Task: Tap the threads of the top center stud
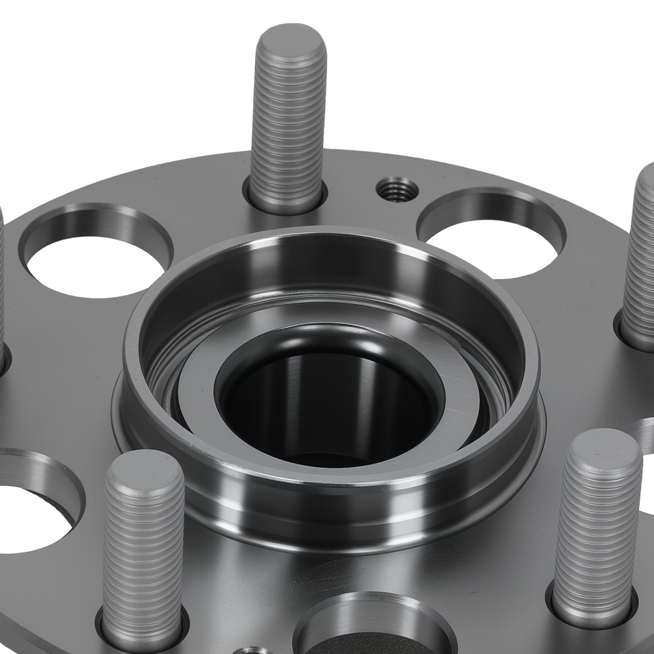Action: pyautogui.click(x=288, y=124)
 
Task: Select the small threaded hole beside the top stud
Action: pyautogui.click(x=397, y=189)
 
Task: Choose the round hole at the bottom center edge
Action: pyautogui.click(x=373, y=628)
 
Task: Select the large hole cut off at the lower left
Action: pyautogui.click(x=33, y=517)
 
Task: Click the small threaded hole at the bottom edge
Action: pyautogui.click(x=252, y=650)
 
